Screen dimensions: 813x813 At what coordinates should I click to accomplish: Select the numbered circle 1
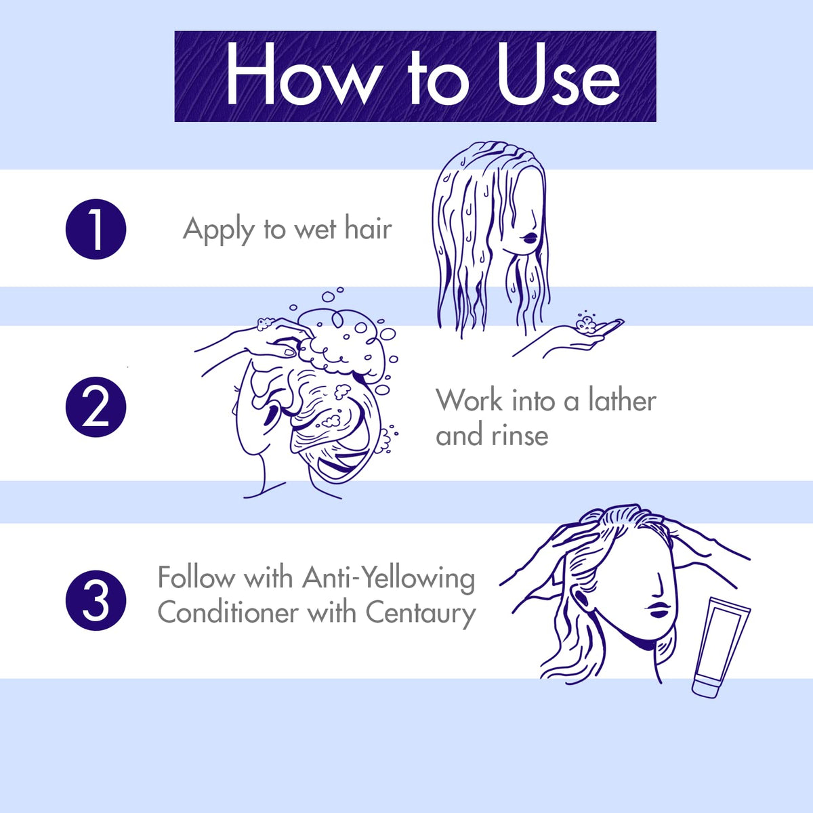(96, 229)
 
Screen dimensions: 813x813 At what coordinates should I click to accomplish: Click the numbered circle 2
(96, 406)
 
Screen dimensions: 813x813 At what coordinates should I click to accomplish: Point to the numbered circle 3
(96, 600)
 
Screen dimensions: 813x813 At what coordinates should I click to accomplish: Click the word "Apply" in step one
(219, 230)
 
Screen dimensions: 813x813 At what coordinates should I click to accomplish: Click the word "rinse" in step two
(520, 435)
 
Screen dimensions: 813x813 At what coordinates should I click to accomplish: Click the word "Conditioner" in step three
(228, 612)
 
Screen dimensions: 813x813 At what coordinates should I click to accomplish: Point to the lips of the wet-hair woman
(530, 238)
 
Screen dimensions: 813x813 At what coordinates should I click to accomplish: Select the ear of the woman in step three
(583, 600)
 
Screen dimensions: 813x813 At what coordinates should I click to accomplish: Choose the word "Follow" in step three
(196, 577)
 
